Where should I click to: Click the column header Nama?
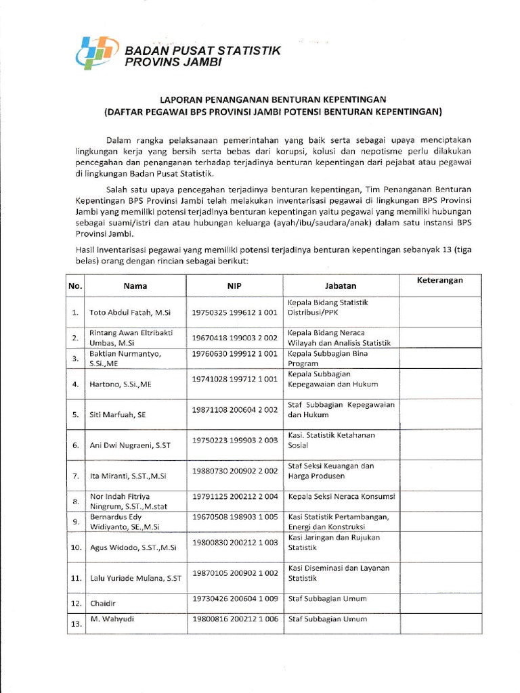(x=135, y=286)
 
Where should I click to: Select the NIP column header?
(x=234, y=286)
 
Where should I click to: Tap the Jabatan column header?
(x=341, y=286)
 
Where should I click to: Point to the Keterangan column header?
(x=439, y=280)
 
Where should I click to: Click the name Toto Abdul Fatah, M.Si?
(x=130, y=313)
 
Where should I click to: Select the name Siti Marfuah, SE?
(x=118, y=415)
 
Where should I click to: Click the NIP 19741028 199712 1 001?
(x=234, y=379)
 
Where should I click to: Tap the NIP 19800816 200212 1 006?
(x=234, y=619)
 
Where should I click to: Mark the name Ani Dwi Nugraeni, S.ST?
(x=129, y=445)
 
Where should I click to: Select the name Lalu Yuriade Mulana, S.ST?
(x=135, y=579)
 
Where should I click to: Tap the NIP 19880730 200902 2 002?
(x=234, y=470)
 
